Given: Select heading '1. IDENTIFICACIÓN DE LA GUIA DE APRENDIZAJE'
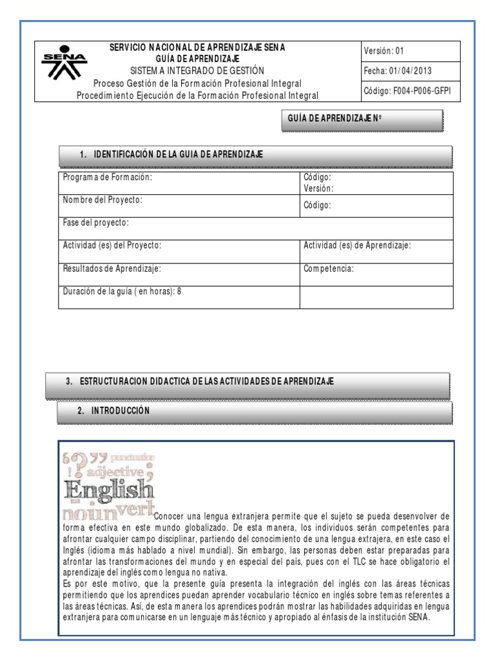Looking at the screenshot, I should (x=179, y=154).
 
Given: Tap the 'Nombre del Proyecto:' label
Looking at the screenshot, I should (x=102, y=200).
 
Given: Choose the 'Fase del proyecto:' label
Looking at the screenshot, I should (x=95, y=223).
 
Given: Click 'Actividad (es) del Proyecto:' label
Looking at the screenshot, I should (x=112, y=245).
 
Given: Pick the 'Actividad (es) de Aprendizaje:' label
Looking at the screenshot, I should (x=357, y=245).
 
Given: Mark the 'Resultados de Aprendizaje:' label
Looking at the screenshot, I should (x=112, y=269).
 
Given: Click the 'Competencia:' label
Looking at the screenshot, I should (x=329, y=269).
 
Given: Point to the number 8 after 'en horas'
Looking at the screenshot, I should (x=179, y=291).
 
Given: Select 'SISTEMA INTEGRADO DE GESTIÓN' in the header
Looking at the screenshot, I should (x=197, y=70).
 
